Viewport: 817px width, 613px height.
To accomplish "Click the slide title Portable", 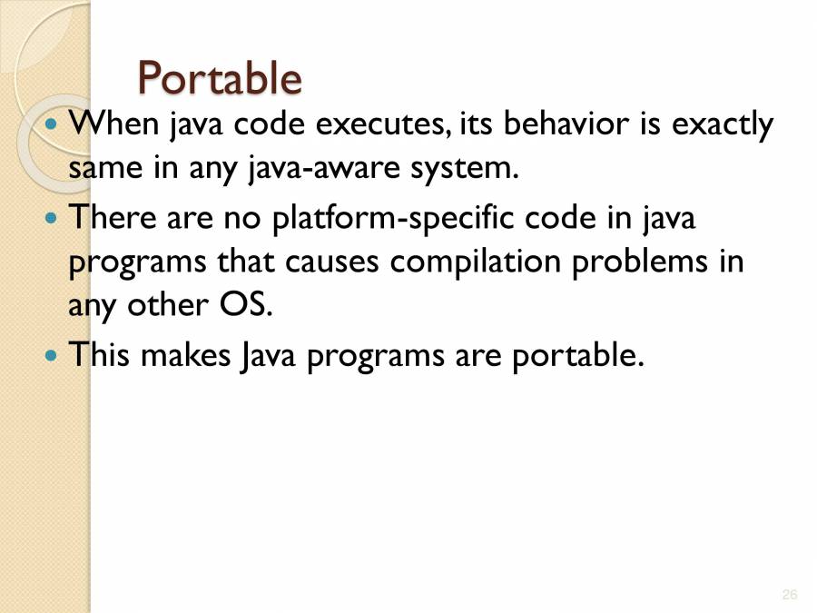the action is [220, 78].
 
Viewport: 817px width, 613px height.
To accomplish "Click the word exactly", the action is [723, 126].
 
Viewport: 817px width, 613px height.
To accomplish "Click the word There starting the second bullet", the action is [113, 217].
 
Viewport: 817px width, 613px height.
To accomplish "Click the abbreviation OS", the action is [246, 304].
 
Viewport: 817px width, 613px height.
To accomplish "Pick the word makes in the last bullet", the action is [185, 355].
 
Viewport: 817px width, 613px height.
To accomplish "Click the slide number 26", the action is [790, 594].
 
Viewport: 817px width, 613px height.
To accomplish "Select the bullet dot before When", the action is [51, 124].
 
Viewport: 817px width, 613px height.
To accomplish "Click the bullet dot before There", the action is [51, 217].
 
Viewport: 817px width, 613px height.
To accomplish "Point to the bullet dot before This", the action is [51, 356].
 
